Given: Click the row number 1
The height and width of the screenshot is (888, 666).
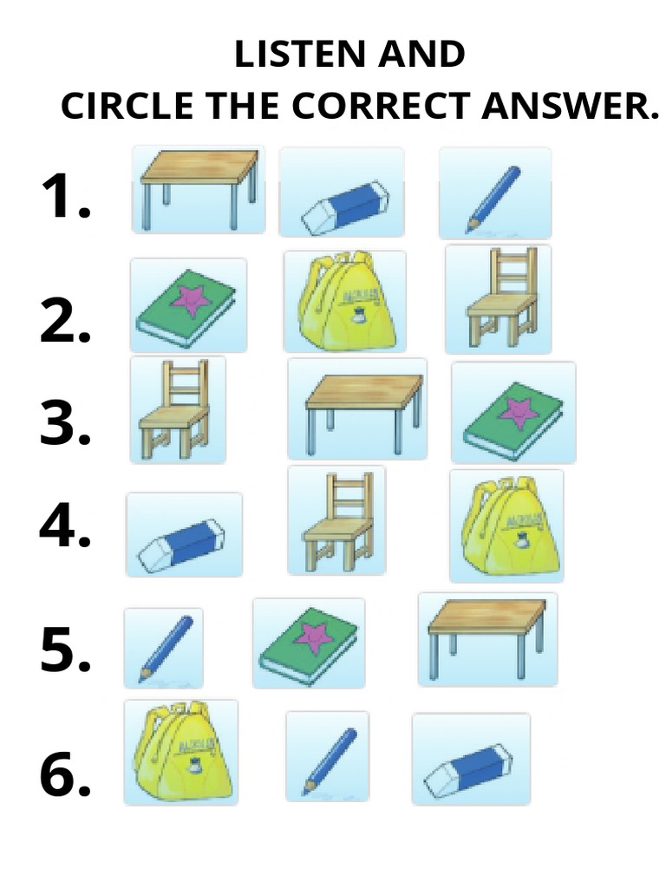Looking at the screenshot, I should point(64,197).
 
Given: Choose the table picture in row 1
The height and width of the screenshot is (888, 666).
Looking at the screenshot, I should point(199,189).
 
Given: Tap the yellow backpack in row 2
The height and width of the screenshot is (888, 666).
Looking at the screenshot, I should point(345,301).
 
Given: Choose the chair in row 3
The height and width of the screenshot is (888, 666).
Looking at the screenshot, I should point(176,409).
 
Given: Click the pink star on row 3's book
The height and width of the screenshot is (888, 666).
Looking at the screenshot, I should point(519,412).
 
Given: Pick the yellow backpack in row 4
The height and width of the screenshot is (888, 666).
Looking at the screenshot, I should point(506,526).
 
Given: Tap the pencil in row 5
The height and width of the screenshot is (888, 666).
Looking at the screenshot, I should point(165,648).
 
